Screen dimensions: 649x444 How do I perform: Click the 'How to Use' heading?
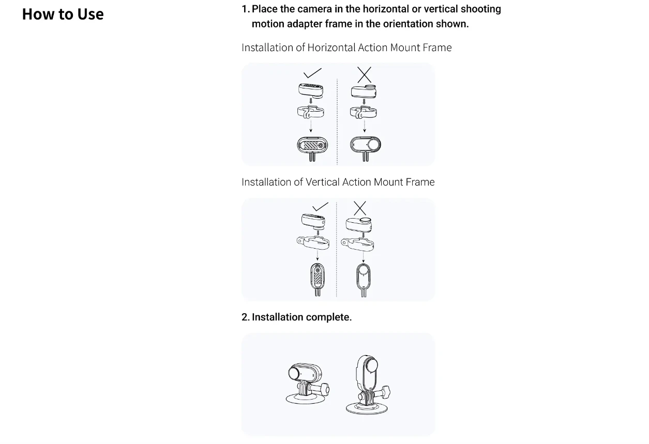63,14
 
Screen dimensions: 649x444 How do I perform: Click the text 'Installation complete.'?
301,317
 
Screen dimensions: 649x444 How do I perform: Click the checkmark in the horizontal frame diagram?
312,73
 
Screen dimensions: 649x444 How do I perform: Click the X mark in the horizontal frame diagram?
364,75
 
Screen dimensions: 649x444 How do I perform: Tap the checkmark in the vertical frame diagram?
320,207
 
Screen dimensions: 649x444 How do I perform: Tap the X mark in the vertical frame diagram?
360,208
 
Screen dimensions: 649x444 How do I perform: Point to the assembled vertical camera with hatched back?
318,280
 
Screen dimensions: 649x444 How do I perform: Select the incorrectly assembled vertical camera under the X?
364,280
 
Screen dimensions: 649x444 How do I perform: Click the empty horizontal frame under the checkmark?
311,112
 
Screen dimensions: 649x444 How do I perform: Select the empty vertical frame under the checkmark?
313,243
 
